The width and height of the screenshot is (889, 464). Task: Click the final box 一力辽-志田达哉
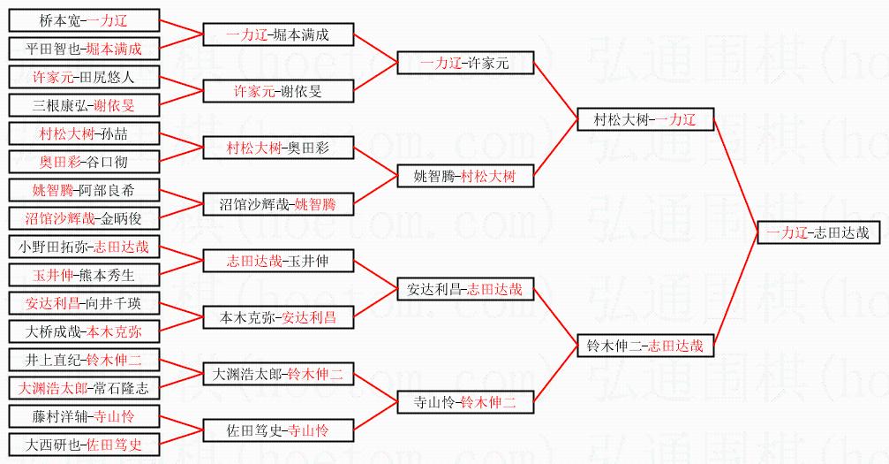tap(818, 232)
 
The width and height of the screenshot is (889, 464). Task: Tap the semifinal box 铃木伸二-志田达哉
tap(644, 346)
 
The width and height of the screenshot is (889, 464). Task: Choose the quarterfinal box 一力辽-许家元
tap(465, 63)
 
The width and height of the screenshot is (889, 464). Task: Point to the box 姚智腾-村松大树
tap(465, 176)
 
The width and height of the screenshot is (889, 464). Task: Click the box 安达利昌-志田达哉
tap(465, 289)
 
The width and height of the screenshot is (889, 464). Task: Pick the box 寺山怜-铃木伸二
tap(465, 402)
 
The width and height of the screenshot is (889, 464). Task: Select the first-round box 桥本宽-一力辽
tap(83, 20)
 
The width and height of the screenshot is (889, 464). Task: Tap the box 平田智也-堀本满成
tap(83, 49)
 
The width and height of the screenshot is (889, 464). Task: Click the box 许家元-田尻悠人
tap(83, 77)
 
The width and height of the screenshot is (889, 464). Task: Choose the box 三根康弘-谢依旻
tap(83, 105)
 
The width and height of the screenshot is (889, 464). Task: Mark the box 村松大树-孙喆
tap(83, 133)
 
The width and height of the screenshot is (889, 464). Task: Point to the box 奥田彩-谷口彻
tap(83, 162)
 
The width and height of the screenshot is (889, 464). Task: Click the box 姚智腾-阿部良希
tap(83, 190)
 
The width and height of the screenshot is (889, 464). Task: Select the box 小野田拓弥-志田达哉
tap(83, 247)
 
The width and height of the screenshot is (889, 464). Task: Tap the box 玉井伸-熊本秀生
tap(83, 274)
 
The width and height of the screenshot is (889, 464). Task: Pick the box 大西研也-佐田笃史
tap(83, 445)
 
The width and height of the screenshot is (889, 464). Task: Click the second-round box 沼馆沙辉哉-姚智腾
tap(278, 204)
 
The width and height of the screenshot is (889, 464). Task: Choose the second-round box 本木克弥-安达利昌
tap(278, 317)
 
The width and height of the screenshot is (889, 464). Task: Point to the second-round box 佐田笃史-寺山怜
tap(278, 430)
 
